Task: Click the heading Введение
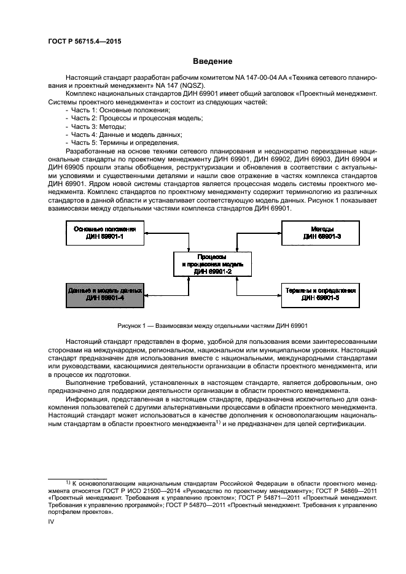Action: (x=213, y=61)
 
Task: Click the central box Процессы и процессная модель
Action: (x=211, y=263)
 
